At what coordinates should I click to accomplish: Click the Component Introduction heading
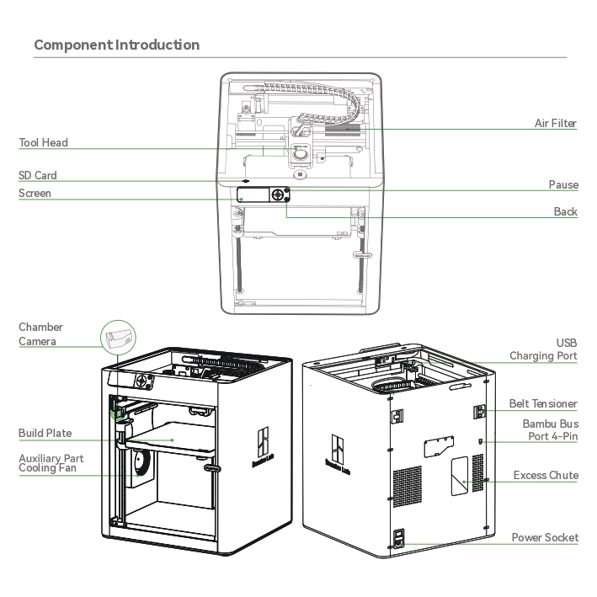coord(117,45)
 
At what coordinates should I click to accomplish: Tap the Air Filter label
coord(556,123)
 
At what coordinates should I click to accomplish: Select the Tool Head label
coord(44,142)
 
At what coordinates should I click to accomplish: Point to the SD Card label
coord(38,175)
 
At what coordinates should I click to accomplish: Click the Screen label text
coord(35,193)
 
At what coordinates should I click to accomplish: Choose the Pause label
coord(563,184)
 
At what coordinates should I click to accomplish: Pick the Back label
coord(566,211)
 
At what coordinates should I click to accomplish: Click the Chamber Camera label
coord(40,334)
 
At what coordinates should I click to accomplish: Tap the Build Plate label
coord(45,433)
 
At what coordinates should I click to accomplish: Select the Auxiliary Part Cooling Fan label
coord(51,463)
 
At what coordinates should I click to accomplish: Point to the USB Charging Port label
coord(543,349)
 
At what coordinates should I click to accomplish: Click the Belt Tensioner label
coord(543,403)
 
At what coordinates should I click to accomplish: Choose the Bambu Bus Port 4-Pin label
coord(551,429)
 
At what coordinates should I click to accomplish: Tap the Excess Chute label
coord(546,475)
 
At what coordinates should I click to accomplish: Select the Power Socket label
coord(545,537)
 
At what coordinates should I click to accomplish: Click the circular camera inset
coord(118,338)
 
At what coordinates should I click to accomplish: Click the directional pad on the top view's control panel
coord(278,195)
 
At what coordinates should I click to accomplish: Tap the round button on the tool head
coord(301,155)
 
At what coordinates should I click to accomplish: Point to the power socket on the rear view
coord(398,538)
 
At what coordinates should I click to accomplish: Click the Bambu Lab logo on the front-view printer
coord(263,446)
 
